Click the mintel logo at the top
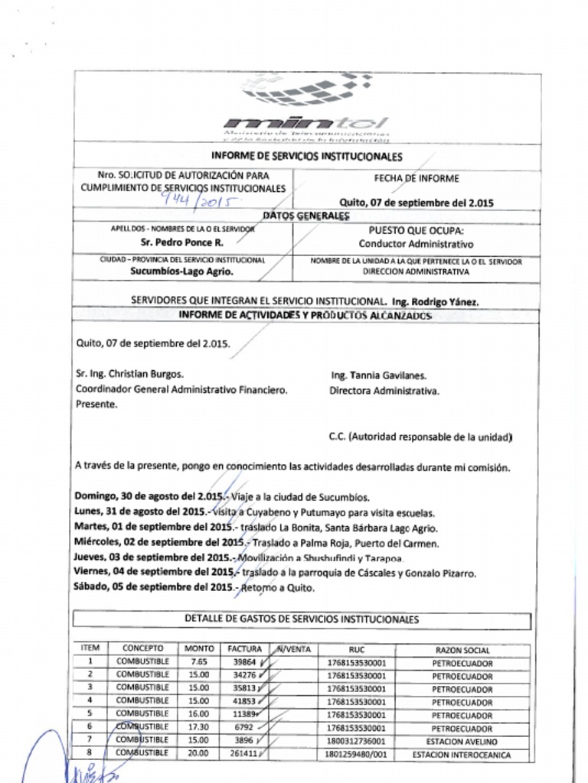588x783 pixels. [x=306, y=107]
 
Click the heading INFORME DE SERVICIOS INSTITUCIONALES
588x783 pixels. [x=306, y=157]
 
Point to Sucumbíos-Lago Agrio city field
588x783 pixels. [x=181, y=271]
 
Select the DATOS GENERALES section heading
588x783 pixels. [x=305, y=216]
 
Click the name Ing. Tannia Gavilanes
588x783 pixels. [x=378, y=375]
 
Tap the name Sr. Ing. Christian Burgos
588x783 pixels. [x=129, y=374]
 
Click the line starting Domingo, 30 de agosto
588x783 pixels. [x=222, y=496]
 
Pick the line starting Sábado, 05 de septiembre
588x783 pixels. [x=194, y=588]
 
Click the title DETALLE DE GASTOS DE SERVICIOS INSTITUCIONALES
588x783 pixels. [x=301, y=619]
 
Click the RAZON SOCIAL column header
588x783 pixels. [x=462, y=650]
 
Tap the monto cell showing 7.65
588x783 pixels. [x=199, y=662]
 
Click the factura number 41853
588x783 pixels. [x=244, y=700]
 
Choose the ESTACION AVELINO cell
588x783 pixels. [x=462, y=741]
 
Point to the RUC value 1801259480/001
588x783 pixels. [x=356, y=754]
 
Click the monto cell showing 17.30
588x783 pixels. [x=199, y=727]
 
